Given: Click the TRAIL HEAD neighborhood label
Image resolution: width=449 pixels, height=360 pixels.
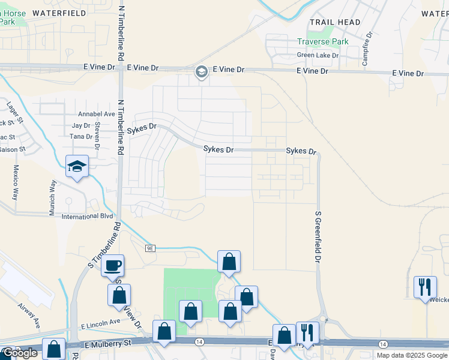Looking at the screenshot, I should click(335, 22).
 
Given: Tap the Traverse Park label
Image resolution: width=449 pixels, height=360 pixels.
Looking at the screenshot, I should click(323, 42).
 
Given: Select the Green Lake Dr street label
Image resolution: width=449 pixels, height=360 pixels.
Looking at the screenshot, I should click(318, 55).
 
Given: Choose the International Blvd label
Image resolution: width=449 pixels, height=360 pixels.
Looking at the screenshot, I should click(88, 216).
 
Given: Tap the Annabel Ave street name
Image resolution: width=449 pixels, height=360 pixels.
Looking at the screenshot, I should click(96, 113).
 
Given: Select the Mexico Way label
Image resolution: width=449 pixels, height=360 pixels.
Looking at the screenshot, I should click(16, 182).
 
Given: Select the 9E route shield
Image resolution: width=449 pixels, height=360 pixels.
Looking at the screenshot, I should click(151, 247).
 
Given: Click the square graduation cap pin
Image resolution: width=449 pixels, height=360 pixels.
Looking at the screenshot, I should click(77, 166).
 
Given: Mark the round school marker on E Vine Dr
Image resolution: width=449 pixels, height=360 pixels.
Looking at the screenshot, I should click(201, 72).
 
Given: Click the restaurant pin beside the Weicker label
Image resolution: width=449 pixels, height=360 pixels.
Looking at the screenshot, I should click(425, 287).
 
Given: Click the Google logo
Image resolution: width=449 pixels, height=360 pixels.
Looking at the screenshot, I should click(19, 353).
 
